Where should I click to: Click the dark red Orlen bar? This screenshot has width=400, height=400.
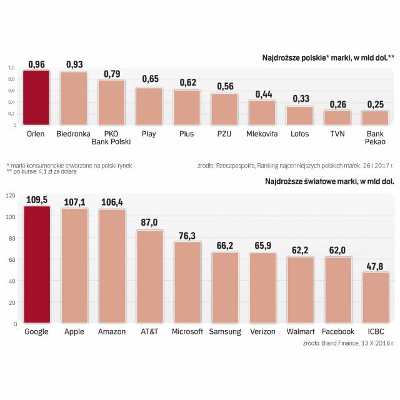pyautogui.click(x=36, y=97)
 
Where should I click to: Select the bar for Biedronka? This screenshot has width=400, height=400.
pyautogui.click(x=74, y=99)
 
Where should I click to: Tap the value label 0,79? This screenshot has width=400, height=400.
pyautogui.click(x=112, y=74)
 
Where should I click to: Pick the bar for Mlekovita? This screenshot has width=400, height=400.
pyautogui.click(x=262, y=112)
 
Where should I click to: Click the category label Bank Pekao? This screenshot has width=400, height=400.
pyautogui.click(x=376, y=138)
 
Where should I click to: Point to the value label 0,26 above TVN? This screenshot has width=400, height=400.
pyautogui.click(x=337, y=104)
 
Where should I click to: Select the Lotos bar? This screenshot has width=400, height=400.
pyautogui.click(x=300, y=116)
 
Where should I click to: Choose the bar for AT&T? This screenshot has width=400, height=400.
pyautogui.click(x=150, y=276)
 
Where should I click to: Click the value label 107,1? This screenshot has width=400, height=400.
pyautogui.click(x=74, y=202)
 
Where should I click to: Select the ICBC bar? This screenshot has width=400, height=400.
pyautogui.click(x=376, y=297)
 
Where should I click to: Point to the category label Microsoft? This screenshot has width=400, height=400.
pyautogui.click(x=186, y=331)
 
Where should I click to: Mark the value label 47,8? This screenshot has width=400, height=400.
pyautogui.click(x=376, y=266)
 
